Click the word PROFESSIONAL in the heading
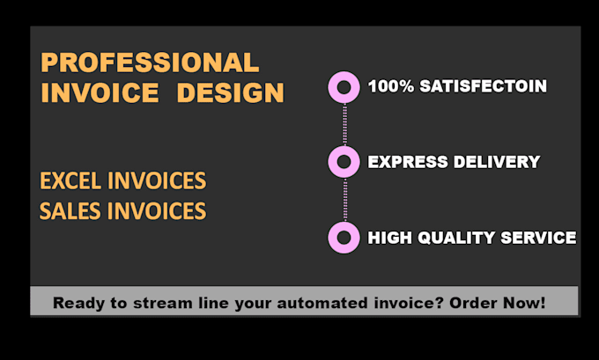pyautogui.click(x=150, y=62)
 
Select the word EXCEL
pyautogui.click(x=71, y=182)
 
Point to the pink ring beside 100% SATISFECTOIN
pyautogui.click(x=344, y=86)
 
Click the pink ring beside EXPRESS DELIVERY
pyautogui.click(x=344, y=162)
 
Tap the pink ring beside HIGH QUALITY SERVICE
pyautogui.click(x=344, y=238)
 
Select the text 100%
pyautogui.click(x=388, y=86)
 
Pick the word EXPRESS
pyautogui.click(x=404, y=162)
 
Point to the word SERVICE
pyautogui.click(x=537, y=238)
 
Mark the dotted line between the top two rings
pyautogui.click(x=344, y=124)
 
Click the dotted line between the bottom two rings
pyautogui.click(x=344, y=200)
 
